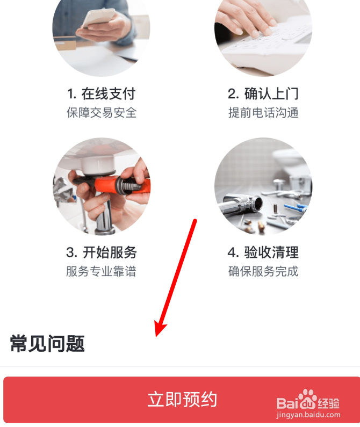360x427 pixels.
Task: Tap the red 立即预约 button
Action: pyautogui.click(x=182, y=400)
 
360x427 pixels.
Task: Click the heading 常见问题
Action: pyautogui.click(x=47, y=344)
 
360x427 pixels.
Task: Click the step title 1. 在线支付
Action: pyautogui.click(x=101, y=94)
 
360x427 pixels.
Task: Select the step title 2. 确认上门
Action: pyautogui.click(x=263, y=94)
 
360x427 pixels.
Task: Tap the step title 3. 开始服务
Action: pyautogui.click(x=102, y=252)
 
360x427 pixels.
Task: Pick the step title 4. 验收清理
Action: pyautogui.click(x=263, y=252)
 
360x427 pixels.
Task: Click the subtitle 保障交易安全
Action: pyautogui.click(x=102, y=113)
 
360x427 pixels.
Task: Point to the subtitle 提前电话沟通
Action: pyautogui.click(x=263, y=113)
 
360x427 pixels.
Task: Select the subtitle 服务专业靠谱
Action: pyautogui.click(x=102, y=271)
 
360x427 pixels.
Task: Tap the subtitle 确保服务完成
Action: pyautogui.click(x=263, y=271)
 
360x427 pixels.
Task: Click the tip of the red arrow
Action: pyautogui.click(x=156, y=336)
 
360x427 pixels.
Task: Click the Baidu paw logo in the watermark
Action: pyautogui.click(x=307, y=400)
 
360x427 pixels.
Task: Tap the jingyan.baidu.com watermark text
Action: pyautogui.click(x=308, y=415)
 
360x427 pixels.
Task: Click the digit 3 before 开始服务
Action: pyautogui.click(x=70, y=252)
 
